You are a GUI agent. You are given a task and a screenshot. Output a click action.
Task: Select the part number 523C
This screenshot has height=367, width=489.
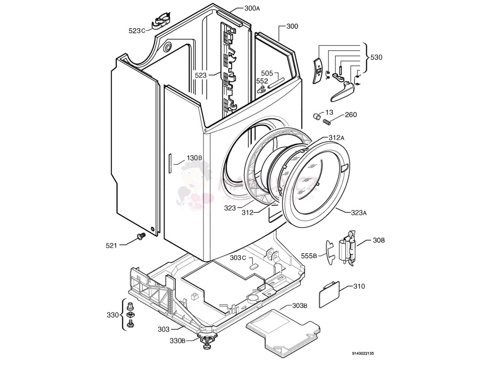137,31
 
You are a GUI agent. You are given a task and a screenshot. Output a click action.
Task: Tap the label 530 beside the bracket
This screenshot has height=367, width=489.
376,57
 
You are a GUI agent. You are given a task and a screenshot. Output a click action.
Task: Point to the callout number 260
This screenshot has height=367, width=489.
351,115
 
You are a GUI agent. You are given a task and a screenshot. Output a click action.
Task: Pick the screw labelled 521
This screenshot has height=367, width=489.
140,236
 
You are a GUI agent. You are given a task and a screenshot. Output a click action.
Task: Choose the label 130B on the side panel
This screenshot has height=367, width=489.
194,158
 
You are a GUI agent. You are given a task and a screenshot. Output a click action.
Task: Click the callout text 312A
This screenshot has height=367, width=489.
336,138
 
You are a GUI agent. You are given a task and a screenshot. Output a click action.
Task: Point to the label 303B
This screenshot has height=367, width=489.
299,306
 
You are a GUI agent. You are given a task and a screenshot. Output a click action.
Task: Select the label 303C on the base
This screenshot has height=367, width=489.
238,258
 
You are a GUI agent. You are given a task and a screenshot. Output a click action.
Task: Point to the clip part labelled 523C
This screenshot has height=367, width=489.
161,22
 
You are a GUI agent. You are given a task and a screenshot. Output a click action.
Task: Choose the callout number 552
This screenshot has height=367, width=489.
262,81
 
